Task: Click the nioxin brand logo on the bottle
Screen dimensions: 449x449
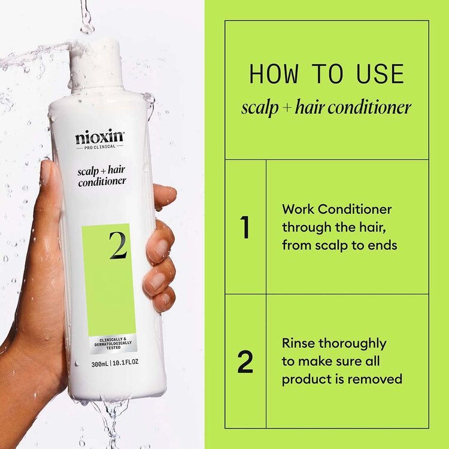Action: point(99,137)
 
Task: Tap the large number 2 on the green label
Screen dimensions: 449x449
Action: point(118,245)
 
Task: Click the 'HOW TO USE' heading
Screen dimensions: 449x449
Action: point(326,74)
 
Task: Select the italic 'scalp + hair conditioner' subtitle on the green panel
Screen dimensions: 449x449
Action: point(326,107)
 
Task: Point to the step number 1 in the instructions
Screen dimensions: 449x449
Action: point(244,227)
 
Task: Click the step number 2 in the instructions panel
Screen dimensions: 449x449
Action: point(245,362)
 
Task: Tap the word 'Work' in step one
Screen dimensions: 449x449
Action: point(297,210)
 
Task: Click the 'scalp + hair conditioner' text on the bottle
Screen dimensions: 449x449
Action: point(101,176)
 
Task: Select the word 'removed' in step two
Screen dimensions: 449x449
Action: point(380,380)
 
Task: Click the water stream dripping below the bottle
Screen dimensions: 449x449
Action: point(114,419)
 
